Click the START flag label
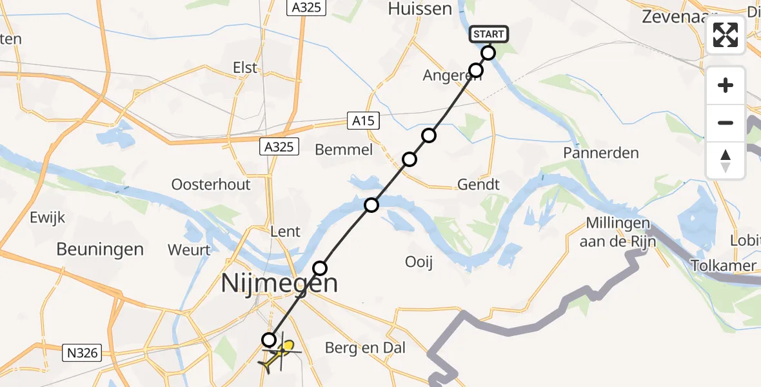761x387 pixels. coord(489,34)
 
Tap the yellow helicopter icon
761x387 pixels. coord(280,354)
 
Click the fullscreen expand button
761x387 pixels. coord(726,35)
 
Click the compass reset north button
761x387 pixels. coord(726,161)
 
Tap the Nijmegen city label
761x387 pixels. coord(279,283)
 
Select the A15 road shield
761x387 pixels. coord(363,120)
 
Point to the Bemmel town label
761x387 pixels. coord(344,150)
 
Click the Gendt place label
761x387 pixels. coord(478,184)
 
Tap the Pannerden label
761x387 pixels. coord(600,153)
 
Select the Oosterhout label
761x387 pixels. coord(211,184)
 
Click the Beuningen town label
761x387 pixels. coord(100,249)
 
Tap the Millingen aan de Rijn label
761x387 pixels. coord(618,232)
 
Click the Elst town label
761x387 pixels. coord(244,67)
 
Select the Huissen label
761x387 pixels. coord(420,9)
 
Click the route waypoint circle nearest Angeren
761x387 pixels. coord(476,70)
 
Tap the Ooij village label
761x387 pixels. coord(419,262)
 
